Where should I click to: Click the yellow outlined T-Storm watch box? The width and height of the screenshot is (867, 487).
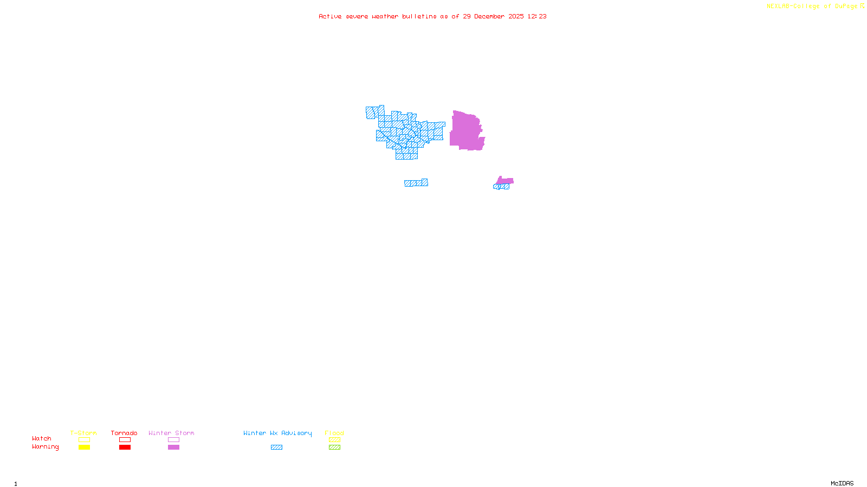click(x=84, y=440)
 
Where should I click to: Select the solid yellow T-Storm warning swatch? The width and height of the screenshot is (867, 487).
click(x=84, y=447)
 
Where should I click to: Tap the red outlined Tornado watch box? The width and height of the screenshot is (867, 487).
click(x=125, y=440)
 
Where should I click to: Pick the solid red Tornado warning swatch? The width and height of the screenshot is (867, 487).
click(x=125, y=447)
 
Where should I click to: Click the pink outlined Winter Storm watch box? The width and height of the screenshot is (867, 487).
click(x=173, y=440)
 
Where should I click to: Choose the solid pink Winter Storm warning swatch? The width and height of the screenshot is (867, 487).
click(x=173, y=447)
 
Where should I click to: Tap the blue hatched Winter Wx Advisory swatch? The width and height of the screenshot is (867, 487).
click(x=276, y=447)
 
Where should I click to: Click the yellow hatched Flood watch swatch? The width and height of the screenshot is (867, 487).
click(x=334, y=440)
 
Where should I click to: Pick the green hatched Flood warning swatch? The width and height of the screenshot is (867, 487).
click(x=334, y=447)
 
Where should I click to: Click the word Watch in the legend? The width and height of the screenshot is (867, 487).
click(x=42, y=439)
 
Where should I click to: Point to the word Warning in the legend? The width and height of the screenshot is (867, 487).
click(x=45, y=447)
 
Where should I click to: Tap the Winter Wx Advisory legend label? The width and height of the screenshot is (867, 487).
click(x=277, y=433)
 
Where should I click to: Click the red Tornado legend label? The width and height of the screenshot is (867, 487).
click(x=124, y=433)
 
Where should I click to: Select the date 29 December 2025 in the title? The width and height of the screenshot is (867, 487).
click(x=493, y=16)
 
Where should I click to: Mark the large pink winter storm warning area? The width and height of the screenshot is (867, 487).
click(x=465, y=131)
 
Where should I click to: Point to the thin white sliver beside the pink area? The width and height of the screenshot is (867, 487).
click(x=486, y=130)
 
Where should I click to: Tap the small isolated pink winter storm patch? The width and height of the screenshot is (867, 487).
click(x=505, y=181)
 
